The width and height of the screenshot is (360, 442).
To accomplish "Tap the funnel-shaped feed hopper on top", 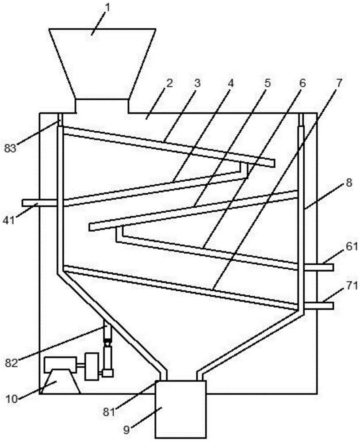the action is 103,66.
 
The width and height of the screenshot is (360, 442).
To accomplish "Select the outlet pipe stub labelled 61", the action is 319,267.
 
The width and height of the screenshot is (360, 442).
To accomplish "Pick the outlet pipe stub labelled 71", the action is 319,305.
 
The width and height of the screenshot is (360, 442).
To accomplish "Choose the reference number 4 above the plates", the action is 231,83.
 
